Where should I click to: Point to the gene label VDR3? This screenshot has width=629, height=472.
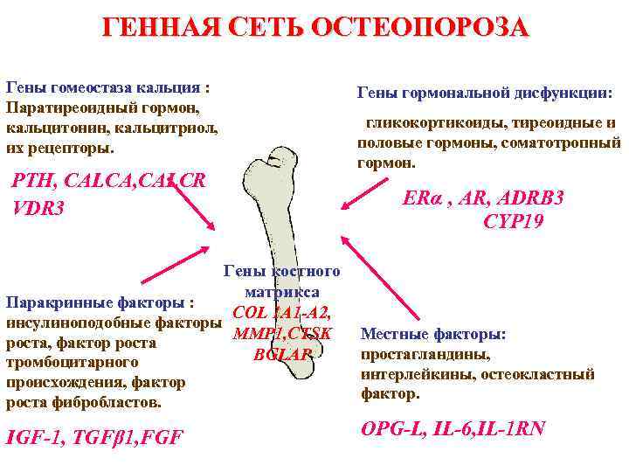click(38, 210)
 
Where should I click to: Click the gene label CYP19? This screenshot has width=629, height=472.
click(513, 222)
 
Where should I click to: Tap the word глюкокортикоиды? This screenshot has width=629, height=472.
click(426, 123)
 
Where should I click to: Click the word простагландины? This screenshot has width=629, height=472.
click(425, 355)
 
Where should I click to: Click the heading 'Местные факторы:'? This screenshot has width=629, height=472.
click(433, 335)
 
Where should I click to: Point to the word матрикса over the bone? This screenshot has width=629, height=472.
click(282, 291)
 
